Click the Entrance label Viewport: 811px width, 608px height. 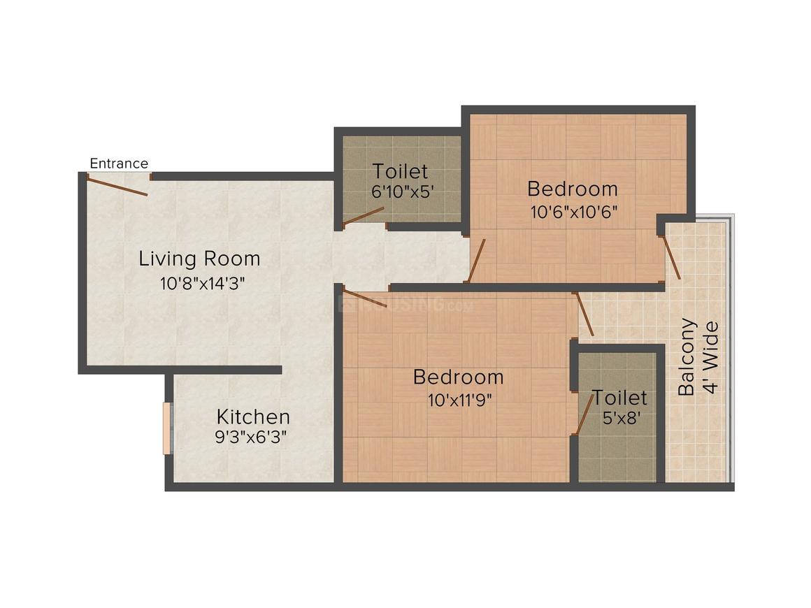tap(119, 164)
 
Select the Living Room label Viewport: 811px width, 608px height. tap(199, 259)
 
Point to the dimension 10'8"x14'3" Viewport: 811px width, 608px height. tap(202, 283)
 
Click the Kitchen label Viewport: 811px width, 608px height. tap(253, 417)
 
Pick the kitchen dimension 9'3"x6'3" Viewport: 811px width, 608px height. tap(251, 437)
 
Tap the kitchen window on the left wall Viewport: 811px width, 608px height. tap(167, 428)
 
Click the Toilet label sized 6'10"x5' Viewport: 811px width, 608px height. tap(400, 171)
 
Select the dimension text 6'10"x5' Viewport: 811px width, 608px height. tap(402, 191)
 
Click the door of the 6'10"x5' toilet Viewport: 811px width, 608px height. tap(363, 216)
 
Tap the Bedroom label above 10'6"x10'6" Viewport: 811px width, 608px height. tap(573, 189)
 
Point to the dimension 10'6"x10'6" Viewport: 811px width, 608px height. tap(574, 212)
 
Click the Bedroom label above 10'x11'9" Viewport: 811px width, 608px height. tap(458, 377)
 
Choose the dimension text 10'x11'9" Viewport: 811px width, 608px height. tap(459, 400)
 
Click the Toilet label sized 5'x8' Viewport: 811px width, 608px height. tap(619, 398)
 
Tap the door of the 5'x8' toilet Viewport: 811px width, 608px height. tap(585, 414)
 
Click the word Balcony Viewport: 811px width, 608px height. tap(687, 356)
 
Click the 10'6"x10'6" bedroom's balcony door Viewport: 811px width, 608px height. tap(671, 257)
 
